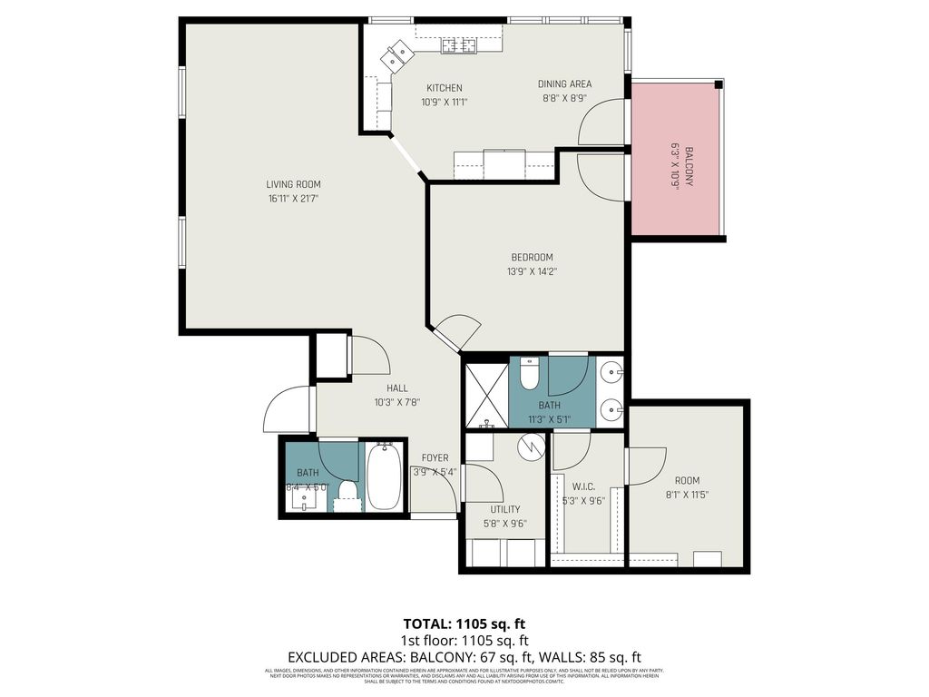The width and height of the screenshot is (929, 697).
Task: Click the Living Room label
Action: (x=293, y=184)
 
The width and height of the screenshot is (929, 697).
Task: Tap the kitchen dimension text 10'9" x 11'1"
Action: (x=445, y=103)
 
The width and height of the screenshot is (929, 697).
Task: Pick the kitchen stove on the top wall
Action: (x=460, y=44)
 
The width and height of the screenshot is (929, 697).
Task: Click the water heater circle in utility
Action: (x=531, y=446)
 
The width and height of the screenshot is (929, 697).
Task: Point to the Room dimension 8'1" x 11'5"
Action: (x=687, y=496)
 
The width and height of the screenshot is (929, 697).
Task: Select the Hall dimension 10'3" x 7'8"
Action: (x=397, y=402)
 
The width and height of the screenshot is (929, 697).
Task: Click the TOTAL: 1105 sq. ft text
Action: (x=464, y=623)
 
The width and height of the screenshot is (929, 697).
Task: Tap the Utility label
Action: (x=504, y=509)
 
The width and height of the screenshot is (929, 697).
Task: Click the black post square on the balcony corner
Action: (x=718, y=85)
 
